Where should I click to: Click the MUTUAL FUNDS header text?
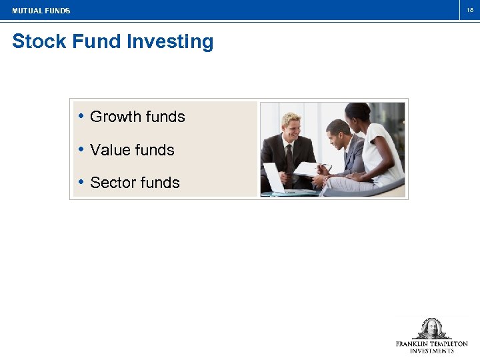point(41,11)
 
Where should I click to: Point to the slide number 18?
point(469,10)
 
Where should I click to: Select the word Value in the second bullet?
point(109,150)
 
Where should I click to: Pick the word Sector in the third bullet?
point(113,183)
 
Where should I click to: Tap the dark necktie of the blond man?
point(289,157)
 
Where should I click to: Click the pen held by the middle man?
point(325,166)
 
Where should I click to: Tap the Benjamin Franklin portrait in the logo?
point(431,329)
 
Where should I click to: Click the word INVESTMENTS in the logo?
point(431,351)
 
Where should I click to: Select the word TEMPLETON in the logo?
point(449,344)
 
